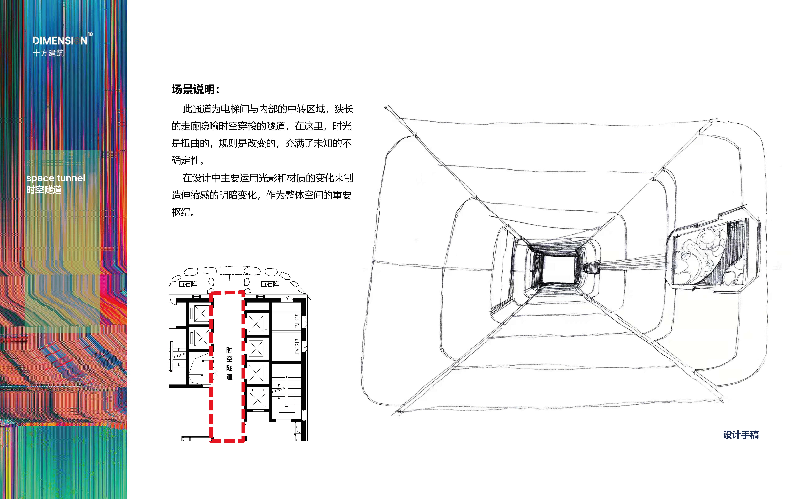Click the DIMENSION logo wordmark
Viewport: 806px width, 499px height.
pos(60,41)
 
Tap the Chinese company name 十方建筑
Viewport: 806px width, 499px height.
pos(48,53)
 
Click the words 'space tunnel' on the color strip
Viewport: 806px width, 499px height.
pos(56,178)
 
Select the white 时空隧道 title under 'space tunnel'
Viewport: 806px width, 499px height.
pos(44,190)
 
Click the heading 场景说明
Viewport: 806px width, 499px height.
pos(195,89)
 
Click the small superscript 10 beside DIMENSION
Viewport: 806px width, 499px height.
pos(90,34)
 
